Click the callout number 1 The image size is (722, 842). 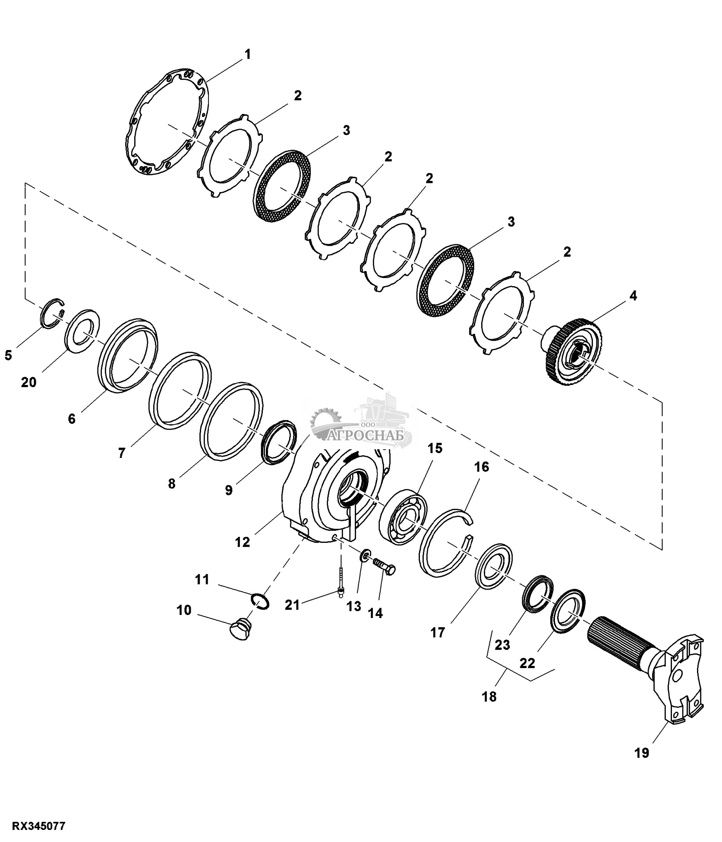(x=247, y=55)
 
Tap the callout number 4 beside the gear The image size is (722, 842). (x=633, y=296)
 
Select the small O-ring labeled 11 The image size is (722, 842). (x=261, y=601)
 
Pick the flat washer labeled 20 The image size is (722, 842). (x=82, y=331)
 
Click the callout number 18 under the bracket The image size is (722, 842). (x=490, y=697)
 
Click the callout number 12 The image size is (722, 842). (x=243, y=542)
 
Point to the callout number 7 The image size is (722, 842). (x=122, y=453)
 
